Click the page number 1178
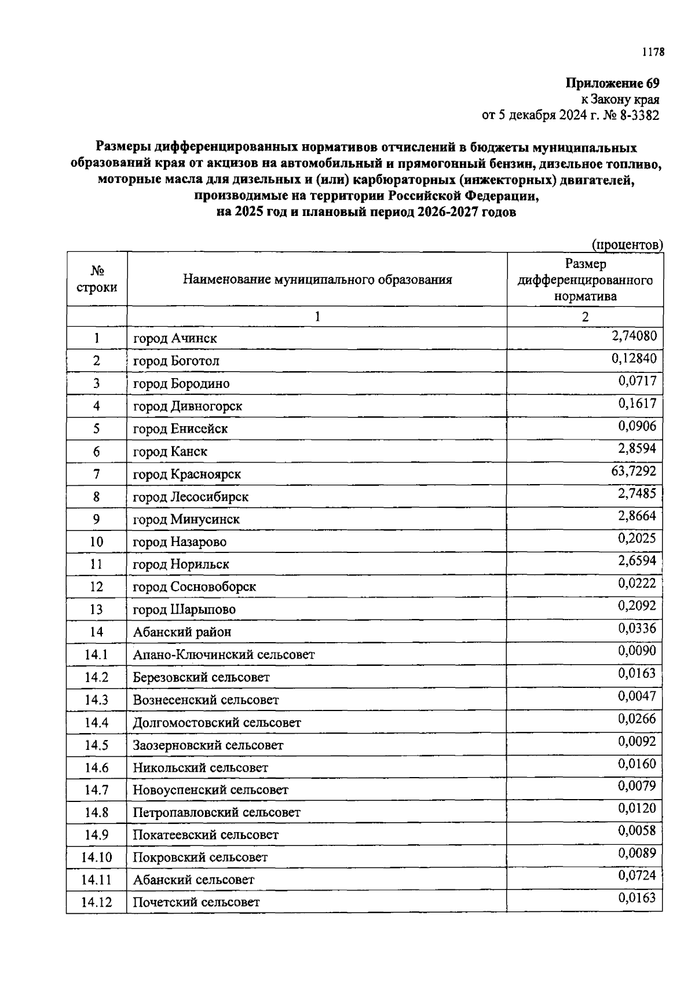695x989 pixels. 653,53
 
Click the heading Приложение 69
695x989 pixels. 612,83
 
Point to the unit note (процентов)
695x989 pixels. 627,245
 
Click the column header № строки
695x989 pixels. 97,279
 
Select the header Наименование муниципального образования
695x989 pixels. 317,280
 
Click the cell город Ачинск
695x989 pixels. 175,338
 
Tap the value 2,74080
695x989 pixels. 634,335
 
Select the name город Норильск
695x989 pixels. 181,564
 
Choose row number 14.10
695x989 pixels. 97,858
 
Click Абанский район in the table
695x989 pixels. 182,632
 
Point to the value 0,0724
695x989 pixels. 637,876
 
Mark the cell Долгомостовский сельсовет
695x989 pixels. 217,723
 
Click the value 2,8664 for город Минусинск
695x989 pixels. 637,516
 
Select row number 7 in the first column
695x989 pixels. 97,474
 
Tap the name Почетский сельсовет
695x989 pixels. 196,902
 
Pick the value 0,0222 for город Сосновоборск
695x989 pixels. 637,583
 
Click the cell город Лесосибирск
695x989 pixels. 191,497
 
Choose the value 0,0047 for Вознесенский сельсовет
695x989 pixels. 637,696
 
